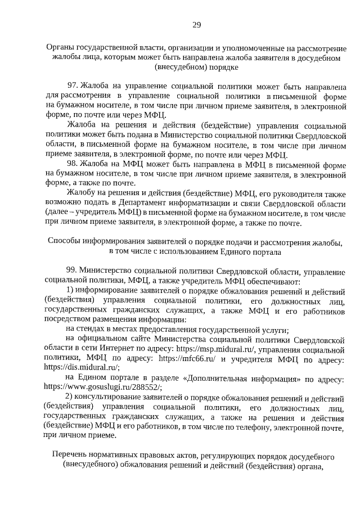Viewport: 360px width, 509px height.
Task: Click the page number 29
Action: pos(180,24)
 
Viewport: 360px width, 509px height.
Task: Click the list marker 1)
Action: pos(70,290)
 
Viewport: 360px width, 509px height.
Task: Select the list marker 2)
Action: pos(70,398)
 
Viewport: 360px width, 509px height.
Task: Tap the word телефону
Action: pos(239,427)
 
